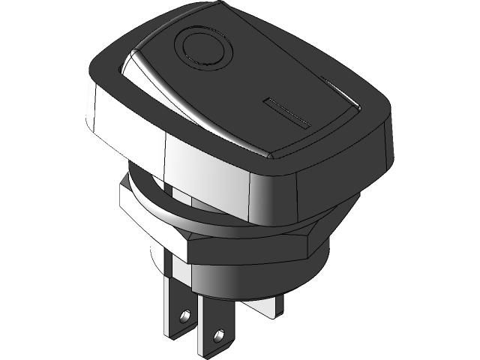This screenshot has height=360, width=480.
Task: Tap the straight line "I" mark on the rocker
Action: [288, 111]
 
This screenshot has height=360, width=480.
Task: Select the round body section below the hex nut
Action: [255, 277]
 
